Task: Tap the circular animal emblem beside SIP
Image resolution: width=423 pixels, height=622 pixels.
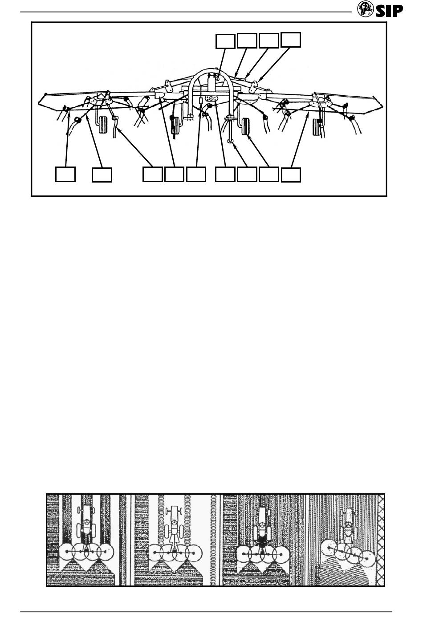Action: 365,9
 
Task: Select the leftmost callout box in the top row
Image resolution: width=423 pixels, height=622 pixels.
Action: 225,41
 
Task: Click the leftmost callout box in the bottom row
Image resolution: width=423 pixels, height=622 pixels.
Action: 65,174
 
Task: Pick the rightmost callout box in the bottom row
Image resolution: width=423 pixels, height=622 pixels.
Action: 291,175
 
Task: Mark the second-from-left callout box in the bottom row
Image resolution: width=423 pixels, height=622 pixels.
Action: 102,175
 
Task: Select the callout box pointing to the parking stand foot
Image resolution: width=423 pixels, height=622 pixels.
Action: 247,174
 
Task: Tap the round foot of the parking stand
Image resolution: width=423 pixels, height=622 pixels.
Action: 230,142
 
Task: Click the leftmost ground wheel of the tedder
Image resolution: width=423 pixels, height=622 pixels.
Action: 103,125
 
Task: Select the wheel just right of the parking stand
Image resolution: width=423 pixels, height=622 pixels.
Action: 245,126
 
